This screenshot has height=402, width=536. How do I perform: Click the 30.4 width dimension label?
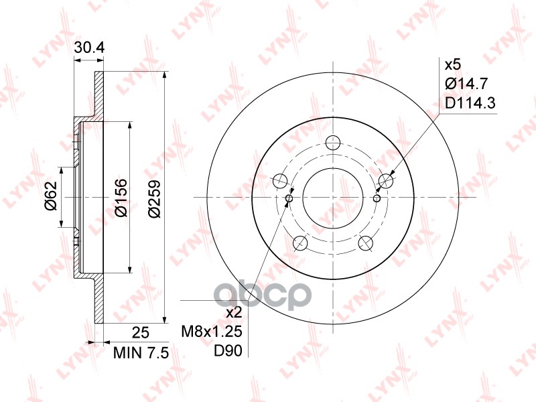click(89, 48)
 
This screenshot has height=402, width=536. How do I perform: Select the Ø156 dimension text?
click(121, 198)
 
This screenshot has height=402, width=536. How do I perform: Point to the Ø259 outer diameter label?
click(154, 198)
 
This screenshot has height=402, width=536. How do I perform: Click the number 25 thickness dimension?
click(141, 332)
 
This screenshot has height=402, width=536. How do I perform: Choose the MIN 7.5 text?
click(141, 353)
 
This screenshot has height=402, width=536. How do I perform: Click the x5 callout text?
click(453, 64)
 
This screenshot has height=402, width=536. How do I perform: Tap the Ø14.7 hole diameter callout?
click(466, 84)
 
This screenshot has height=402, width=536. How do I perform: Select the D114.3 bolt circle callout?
click(470, 103)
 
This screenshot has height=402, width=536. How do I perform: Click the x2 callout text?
click(234, 312)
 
